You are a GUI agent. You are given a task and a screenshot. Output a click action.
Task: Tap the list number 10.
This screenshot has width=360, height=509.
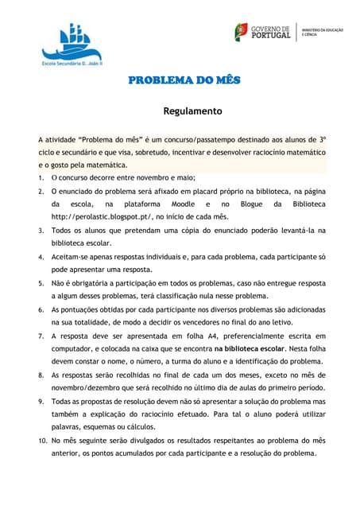pos(43,440)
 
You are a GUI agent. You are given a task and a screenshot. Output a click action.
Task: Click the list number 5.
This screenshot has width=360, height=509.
pos(41,282)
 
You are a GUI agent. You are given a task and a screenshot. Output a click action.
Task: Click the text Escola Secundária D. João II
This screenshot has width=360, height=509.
pos(78,61)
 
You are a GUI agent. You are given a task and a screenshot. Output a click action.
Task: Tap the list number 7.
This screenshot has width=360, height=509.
pos(41,335)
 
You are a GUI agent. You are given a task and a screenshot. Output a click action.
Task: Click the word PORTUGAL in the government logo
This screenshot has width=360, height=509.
pos(271,35)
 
